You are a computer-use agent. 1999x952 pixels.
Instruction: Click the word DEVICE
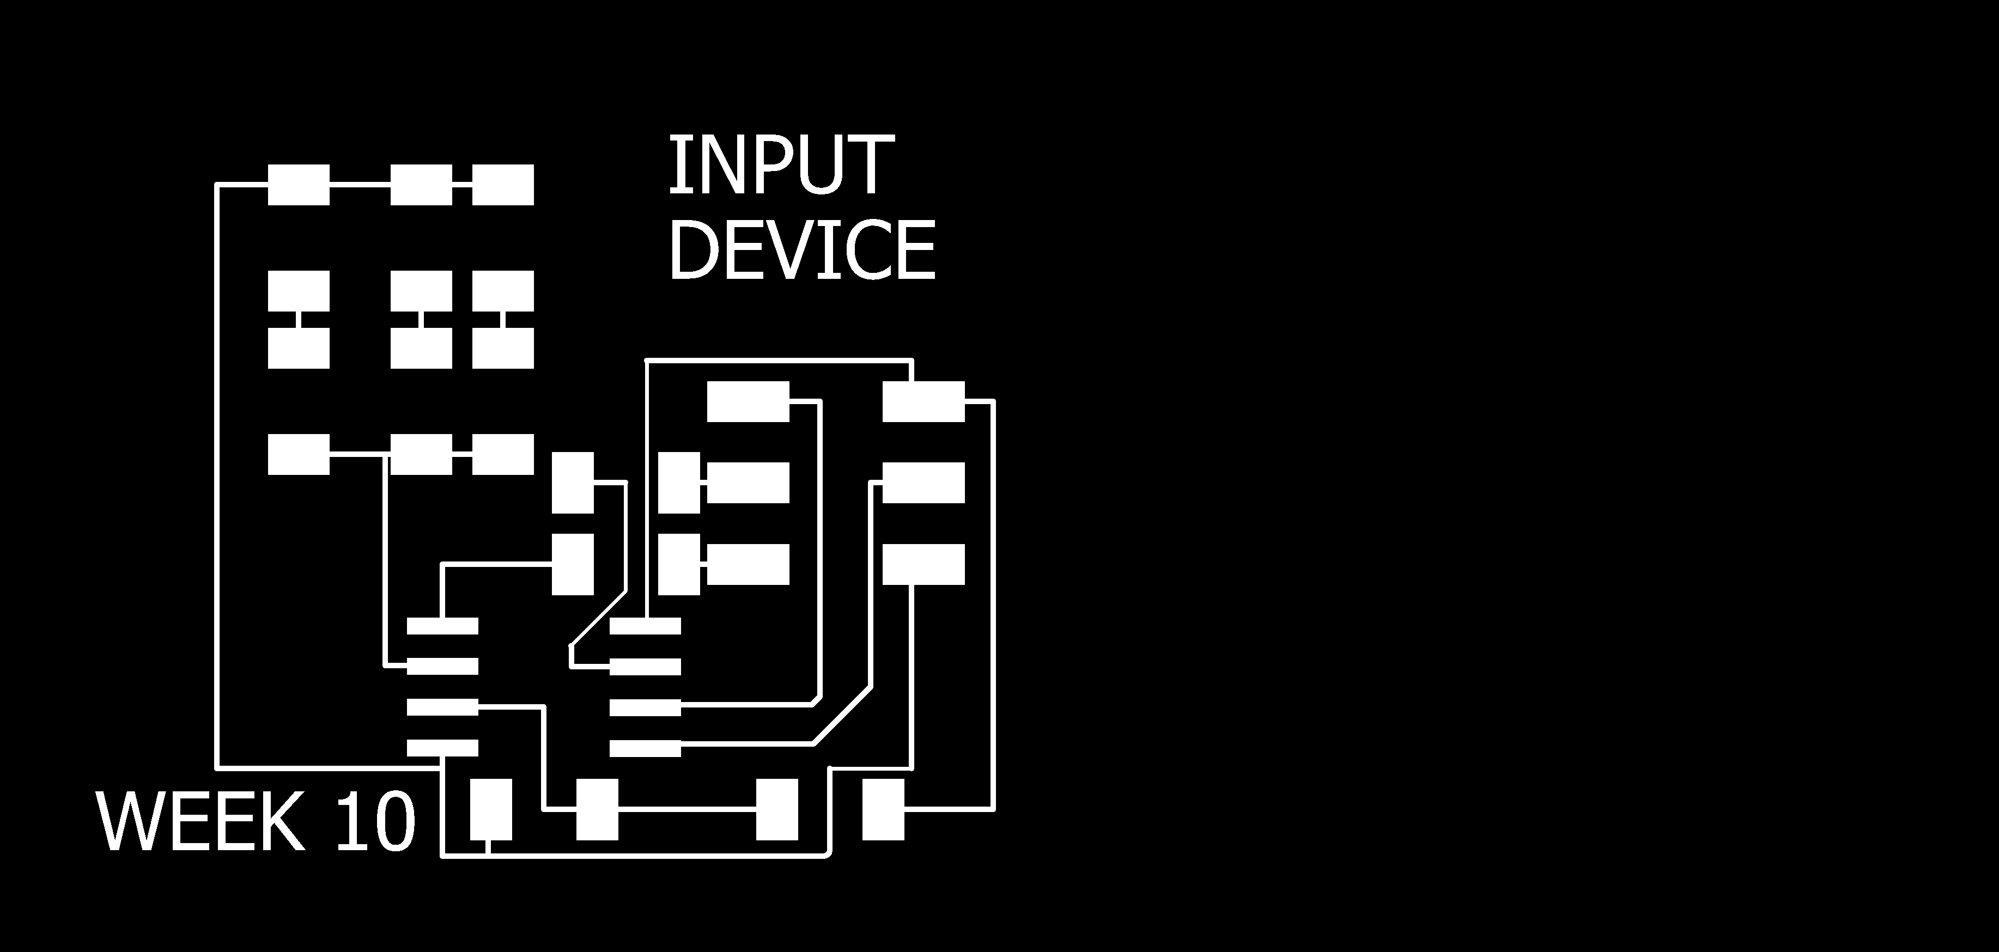(801, 250)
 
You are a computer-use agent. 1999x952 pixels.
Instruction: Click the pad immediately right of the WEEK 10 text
(491, 809)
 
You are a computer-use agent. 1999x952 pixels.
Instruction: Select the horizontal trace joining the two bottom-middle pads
(687, 810)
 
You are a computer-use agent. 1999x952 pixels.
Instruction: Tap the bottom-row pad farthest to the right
(883, 809)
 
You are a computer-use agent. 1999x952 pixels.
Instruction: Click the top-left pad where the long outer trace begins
(298, 185)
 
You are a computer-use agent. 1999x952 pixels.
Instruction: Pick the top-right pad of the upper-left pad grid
(503, 185)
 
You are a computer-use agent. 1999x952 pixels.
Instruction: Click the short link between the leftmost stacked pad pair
(298, 319)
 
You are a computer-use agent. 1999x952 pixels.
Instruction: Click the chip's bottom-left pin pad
(442, 748)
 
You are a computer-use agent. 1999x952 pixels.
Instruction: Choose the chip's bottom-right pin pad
(645, 748)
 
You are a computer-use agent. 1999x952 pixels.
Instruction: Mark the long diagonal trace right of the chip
(842, 715)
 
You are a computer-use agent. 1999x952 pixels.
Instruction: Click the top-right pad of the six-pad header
(923, 401)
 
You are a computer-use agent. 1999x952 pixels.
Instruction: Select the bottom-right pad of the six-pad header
(923, 564)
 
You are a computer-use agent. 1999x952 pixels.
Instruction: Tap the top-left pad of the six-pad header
(748, 401)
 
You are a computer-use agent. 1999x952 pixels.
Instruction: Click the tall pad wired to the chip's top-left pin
(573, 564)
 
